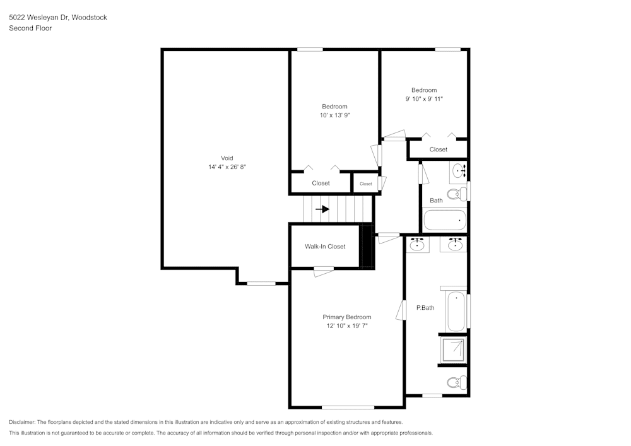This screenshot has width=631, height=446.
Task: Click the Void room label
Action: pyautogui.click(x=227, y=158)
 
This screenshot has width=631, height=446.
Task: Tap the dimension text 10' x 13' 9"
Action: pyautogui.click(x=334, y=115)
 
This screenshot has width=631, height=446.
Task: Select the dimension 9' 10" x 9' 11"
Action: pyautogui.click(x=424, y=99)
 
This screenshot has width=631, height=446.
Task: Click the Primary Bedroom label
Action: pyautogui.click(x=346, y=317)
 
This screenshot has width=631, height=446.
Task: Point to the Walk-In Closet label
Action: pyautogui.click(x=325, y=247)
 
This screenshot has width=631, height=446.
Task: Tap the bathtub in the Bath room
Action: pyautogui.click(x=444, y=220)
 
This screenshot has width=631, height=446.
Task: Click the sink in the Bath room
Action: pyautogui.click(x=459, y=170)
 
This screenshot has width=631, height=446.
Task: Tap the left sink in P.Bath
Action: pyautogui.click(x=416, y=245)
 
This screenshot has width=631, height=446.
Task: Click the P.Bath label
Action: pyautogui.click(x=425, y=308)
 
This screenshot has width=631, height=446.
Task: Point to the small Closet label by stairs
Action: pyautogui.click(x=366, y=184)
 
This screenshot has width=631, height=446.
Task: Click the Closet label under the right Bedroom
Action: pyautogui.click(x=438, y=150)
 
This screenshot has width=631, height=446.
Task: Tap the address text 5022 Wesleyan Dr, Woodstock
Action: pyautogui.click(x=57, y=18)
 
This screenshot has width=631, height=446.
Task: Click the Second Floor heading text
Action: pyautogui.click(x=30, y=28)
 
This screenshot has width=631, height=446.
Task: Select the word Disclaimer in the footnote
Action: pyautogui.click(x=23, y=422)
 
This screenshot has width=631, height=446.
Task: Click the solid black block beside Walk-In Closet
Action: pyautogui.click(x=366, y=246)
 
